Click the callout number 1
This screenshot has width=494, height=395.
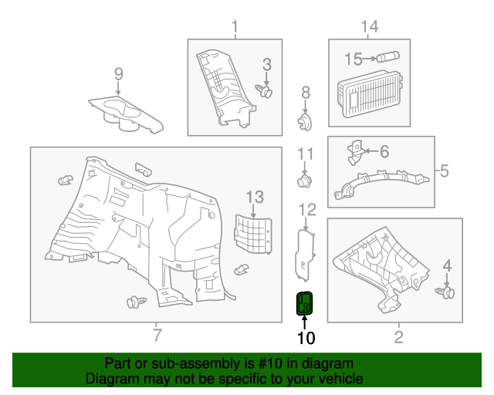click(x=235, y=29)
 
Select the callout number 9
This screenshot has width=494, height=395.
click(x=118, y=74)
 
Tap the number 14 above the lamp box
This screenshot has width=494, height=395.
click(x=370, y=28)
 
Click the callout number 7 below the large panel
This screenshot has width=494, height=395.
click(x=157, y=335)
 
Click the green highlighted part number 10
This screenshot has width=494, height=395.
click(x=305, y=304)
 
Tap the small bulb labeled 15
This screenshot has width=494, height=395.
click(x=385, y=57)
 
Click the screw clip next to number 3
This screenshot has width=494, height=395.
click(x=267, y=93)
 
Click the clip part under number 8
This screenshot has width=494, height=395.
click(x=306, y=122)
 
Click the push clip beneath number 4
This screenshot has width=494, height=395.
click(x=445, y=293)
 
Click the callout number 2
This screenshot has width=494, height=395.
click(x=398, y=336)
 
